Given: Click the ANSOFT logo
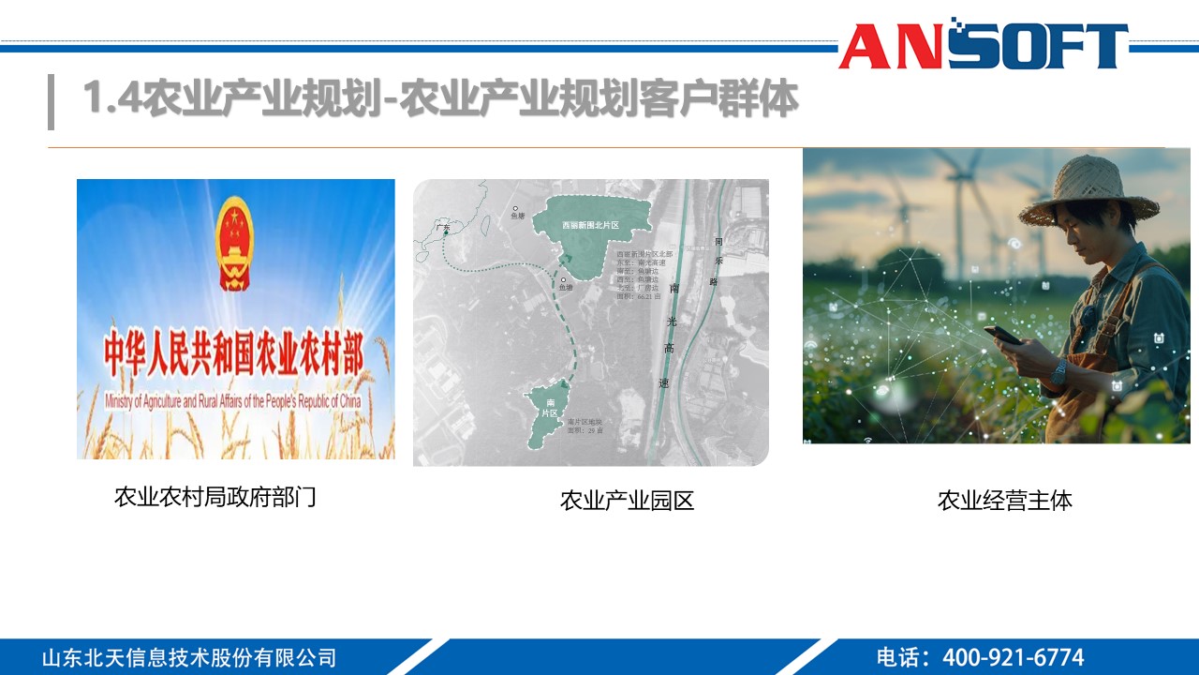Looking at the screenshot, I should [984, 45].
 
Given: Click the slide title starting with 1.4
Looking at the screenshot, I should [440, 98].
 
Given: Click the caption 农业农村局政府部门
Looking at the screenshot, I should [215, 497].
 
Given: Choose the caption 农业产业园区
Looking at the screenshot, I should [627, 501].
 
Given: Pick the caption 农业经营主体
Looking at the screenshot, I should [1004, 501].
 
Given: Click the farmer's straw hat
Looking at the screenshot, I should [1087, 192].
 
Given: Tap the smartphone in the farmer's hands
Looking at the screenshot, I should [1002, 335].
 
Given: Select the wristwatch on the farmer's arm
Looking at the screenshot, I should [1058, 373].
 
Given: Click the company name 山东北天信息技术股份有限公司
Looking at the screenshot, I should [188, 657].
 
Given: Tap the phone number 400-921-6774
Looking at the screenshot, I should [1013, 657].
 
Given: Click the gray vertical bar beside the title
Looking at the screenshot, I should [51, 101].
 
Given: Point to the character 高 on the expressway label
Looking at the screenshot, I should [665, 350].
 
